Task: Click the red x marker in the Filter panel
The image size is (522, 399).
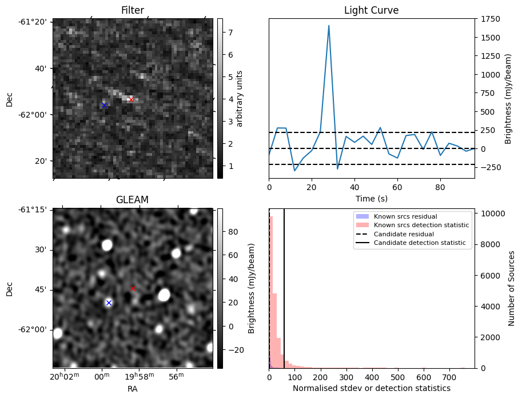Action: pyautogui.click(x=131, y=99)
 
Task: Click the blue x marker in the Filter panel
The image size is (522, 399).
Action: pyautogui.click(x=104, y=105)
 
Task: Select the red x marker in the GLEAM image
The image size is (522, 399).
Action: pyautogui.click(x=133, y=288)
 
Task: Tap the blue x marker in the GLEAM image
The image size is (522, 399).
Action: pyautogui.click(x=109, y=303)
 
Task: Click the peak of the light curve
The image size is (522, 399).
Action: pyautogui.click(x=329, y=26)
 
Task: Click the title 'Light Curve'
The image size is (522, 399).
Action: pyautogui.click(x=371, y=10)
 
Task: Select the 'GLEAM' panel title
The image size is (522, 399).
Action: pyautogui.click(x=132, y=200)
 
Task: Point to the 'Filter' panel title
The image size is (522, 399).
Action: pyautogui.click(x=133, y=10)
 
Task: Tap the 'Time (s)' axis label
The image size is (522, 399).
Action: pyautogui.click(x=371, y=198)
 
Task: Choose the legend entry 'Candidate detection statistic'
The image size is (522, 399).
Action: pyautogui.click(x=420, y=243)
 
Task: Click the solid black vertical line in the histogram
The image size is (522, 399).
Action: pyautogui.click(x=284, y=285)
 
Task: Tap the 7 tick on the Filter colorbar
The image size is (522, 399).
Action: pyautogui.click(x=229, y=33)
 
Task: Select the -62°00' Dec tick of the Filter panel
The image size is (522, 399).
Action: pyautogui.click(x=36, y=115)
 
